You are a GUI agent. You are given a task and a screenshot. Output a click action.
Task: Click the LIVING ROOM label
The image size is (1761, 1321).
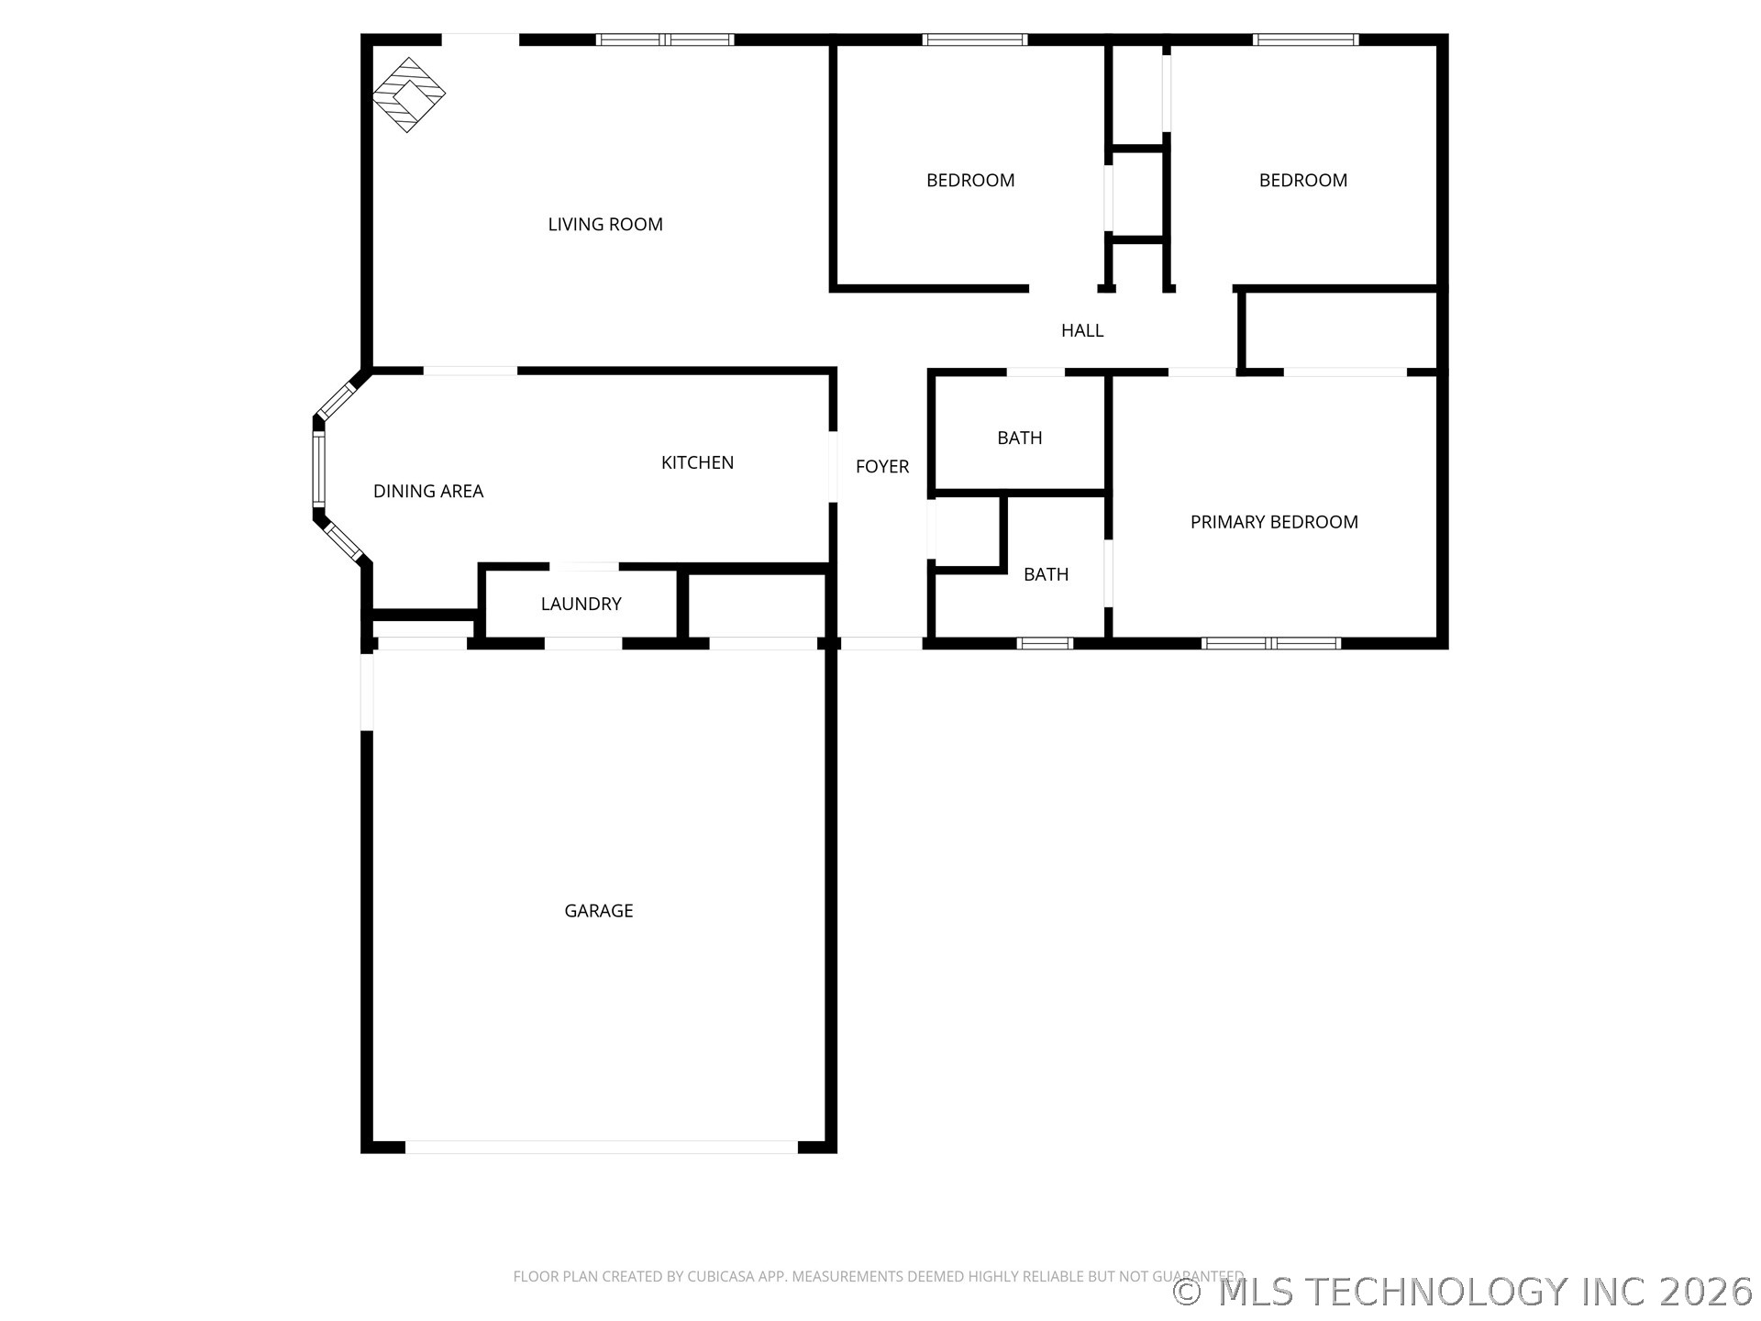coord(605,225)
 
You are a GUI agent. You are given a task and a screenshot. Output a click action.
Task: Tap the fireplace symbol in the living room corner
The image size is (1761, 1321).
coord(409,94)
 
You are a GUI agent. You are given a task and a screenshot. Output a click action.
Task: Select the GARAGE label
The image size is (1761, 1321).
coord(599,911)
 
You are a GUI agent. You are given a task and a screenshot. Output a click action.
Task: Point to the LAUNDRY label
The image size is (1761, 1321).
coord(581,604)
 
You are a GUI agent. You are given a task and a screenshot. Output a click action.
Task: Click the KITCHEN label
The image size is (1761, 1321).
coord(698,462)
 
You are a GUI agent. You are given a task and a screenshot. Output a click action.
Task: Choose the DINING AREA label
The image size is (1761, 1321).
coord(428,492)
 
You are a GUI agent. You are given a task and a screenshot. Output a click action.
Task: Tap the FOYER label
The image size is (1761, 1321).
coord(882,467)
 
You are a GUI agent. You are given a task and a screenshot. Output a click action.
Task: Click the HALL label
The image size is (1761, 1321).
coord(1082,331)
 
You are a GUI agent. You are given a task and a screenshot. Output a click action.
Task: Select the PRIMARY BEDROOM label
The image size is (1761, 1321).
coord(1274,522)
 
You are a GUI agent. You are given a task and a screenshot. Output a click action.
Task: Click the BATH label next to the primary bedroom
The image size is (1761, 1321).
coord(1047,575)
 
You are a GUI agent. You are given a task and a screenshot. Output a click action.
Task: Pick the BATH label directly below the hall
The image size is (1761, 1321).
coord(1020,438)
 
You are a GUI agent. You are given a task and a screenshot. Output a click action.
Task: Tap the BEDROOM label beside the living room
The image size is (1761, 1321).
coord(970,181)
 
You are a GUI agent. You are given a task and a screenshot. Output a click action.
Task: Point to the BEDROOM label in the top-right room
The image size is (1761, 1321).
coord(1303,181)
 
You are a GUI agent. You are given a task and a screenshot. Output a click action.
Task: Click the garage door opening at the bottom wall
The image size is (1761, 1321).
coord(602,1147)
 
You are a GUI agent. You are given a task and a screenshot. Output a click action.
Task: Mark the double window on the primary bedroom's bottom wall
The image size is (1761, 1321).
coord(1271,643)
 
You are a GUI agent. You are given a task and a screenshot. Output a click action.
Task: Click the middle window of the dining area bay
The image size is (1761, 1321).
coord(318,469)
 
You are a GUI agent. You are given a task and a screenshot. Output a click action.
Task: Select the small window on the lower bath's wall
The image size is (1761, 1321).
coord(1045,643)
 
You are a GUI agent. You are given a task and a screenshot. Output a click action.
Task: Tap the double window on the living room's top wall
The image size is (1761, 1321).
coord(665,39)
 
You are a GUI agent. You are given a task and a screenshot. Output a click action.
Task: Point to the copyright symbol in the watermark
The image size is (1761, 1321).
coord(1189,1293)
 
